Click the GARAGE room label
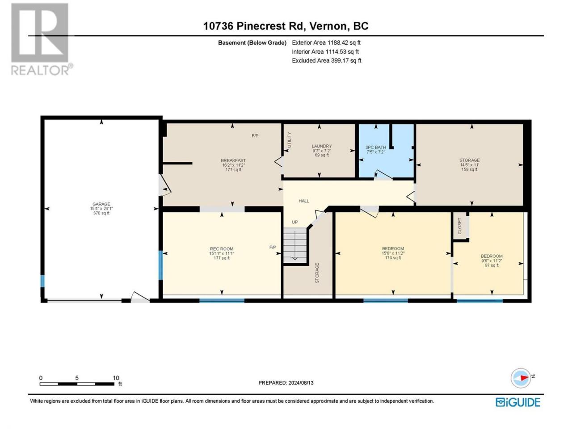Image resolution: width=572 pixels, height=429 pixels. click(x=101, y=204)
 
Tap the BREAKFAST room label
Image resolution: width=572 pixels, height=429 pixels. click(x=233, y=160)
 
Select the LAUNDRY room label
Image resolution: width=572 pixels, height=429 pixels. click(x=322, y=146)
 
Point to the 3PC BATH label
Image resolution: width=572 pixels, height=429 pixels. click(x=375, y=147)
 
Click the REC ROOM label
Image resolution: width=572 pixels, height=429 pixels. click(x=222, y=249)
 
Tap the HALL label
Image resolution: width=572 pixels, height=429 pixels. click(x=304, y=201)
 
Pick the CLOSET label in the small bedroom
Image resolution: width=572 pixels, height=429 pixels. click(x=459, y=226)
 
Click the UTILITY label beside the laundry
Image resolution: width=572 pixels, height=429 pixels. click(x=289, y=140)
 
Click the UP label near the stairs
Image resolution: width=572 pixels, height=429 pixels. click(x=295, y=222)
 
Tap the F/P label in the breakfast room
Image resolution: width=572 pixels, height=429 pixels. click(x=255, y=136)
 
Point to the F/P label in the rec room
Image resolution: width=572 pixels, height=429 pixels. click(x=273, y=247)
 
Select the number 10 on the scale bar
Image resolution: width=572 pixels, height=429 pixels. click(x=116, y=378)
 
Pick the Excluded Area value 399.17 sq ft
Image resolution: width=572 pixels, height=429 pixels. click(x=346, y=61)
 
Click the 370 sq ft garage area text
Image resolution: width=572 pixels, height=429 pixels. click(x=101, y=213)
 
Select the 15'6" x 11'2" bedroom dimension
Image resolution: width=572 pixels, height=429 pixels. click(x=393, y=253)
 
